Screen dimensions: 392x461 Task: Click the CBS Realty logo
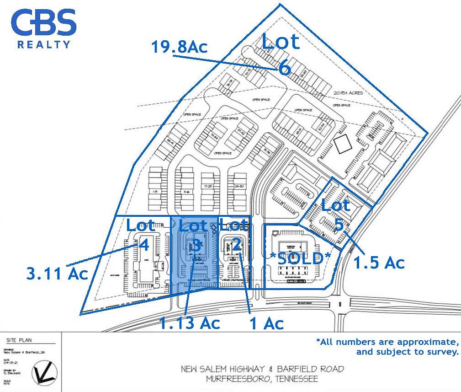click(44, 28)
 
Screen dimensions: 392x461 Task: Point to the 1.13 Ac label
click(190, 323)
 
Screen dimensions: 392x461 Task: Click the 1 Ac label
click(266, 323)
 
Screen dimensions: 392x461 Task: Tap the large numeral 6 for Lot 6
click(285, 69)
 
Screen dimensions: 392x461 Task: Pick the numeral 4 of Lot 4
click(143, 245)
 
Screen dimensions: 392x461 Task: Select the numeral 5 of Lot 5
click(339, 225)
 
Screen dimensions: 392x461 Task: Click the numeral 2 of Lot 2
click(237, 244)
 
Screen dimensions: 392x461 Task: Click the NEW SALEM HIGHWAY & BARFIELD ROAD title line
click(262, 369)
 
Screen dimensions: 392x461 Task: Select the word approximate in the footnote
click(427, 342)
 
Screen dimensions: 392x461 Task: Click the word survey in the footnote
click(443, 352)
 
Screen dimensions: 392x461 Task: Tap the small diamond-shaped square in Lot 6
click(343, 146)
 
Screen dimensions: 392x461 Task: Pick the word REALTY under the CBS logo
click(44, 44)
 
